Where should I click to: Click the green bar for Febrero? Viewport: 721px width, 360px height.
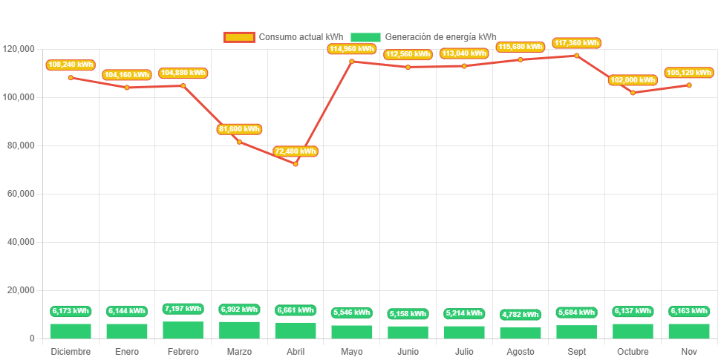pyautogui.click(x=183, y=330)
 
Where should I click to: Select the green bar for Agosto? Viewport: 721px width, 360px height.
pyautogui.click(x=521, y=333)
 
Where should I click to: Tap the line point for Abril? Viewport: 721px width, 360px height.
pyautogui.click(x=296, y=164)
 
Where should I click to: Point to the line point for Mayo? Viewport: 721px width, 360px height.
pyautogui.click(x=352, y=61)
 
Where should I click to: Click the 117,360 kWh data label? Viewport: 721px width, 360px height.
pyautogui.click(x=576, y=44)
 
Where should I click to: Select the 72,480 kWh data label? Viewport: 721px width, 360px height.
pyautogui.click(x=296, y=151)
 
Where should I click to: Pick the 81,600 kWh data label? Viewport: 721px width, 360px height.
pyautogui.click(x=239, y=129)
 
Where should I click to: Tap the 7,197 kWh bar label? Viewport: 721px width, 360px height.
pyautogui.click(x=183, y=309)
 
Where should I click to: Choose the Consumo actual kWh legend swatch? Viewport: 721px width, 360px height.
pyautogui.click(x=238, y=37)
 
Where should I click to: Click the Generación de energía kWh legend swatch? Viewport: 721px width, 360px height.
pyautogui.click(x=365, y=37)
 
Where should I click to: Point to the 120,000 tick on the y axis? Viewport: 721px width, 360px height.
pyautogui.click(x=19, y=49)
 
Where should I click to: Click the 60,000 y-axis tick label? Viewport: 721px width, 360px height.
pyautogui.click(x=22, y=194)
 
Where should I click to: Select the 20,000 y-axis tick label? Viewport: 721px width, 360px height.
pyautogui.click(x=22, y=290)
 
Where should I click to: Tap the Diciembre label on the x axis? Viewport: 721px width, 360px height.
pyautogui.click(x=71, y=351)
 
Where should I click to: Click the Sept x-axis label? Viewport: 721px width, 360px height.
pyautogui.click(x=577, y=351)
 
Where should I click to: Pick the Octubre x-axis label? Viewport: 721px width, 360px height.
pyautogui.click(x=633, y=351)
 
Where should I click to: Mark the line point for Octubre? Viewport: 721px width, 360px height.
pyautogui.click(x=633, y=93)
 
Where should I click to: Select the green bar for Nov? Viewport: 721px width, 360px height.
pyautogui.click(x=689, y=331)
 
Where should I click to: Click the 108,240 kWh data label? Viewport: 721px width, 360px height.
pyautogui.click(x=71, y=65)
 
